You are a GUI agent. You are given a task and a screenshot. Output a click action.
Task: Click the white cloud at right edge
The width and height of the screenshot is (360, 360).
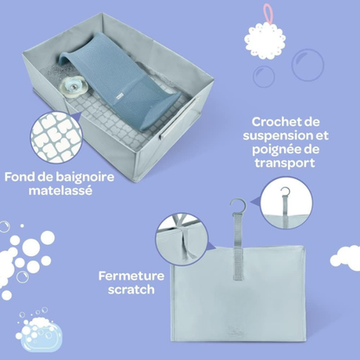[346, 257]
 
